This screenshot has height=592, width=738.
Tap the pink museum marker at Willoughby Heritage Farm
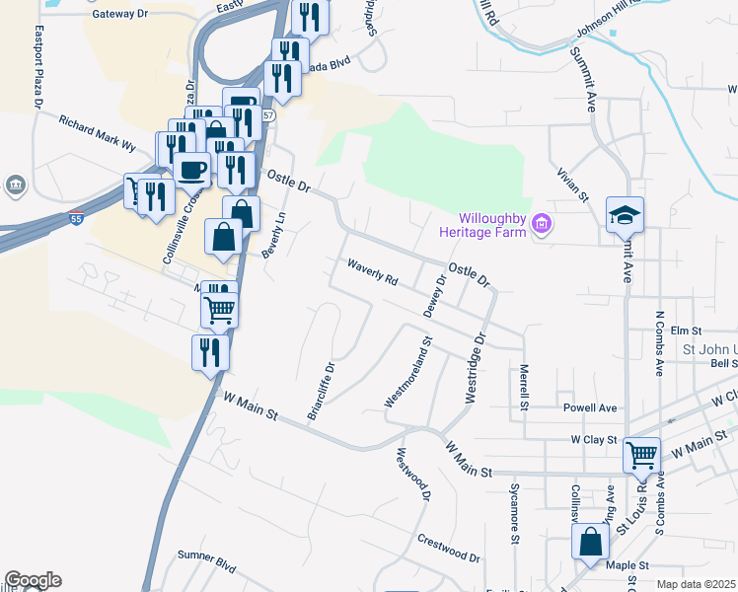[540, 225]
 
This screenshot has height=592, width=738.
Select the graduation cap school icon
[625, 214]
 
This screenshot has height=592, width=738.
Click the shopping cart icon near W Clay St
[642, 455]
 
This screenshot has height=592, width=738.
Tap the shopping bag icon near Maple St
[590, 542]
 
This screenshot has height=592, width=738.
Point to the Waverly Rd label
[372, 272]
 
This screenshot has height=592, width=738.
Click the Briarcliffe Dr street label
[322, 391]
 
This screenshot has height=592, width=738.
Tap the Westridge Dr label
[475, 367]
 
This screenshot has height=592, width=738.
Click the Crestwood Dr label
[448, 550]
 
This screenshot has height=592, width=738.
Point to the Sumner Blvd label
[206, 560]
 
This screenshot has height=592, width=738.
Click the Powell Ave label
[589, 407]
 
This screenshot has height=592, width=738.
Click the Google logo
[33, 580]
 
